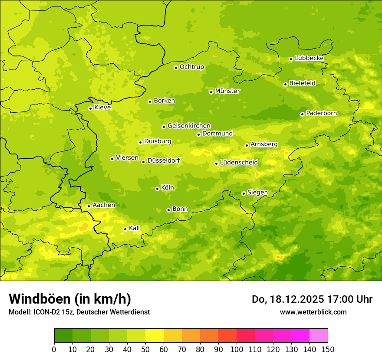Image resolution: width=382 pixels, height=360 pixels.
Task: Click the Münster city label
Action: pos(227,91)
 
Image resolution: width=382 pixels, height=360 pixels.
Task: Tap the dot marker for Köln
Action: pos(157,189)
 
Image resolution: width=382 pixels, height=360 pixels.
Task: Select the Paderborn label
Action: pos(321,113)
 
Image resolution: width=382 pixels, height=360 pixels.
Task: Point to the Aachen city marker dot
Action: pos(89,206)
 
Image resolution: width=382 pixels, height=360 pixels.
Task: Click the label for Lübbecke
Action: pos(309,58)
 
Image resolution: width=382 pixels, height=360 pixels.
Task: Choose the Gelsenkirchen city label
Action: pos(189,126)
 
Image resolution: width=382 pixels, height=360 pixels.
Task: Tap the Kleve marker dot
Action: pos(90,108)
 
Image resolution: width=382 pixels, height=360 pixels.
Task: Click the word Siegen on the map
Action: pos(257,193)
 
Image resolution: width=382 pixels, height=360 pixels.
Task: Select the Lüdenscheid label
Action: pos(239,163)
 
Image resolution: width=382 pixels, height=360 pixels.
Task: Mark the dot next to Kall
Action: pos(125,229)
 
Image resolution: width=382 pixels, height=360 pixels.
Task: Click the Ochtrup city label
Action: pos(191,67)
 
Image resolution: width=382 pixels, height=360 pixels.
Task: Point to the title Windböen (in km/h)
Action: pos(70,299)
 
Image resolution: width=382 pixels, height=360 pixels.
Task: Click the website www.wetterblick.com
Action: pos(313,312)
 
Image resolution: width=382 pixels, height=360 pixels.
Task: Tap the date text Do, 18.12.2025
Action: pos(286,299)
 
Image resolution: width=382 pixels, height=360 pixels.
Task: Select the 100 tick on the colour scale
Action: pos(237,349)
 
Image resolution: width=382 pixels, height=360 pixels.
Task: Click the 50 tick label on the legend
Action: pos(145,349)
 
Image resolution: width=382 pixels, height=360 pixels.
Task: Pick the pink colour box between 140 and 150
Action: pos(319,336)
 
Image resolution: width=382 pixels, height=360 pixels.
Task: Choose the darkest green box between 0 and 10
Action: pos(63,336)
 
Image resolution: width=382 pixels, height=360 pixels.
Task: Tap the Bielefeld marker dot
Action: pos(285,84)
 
